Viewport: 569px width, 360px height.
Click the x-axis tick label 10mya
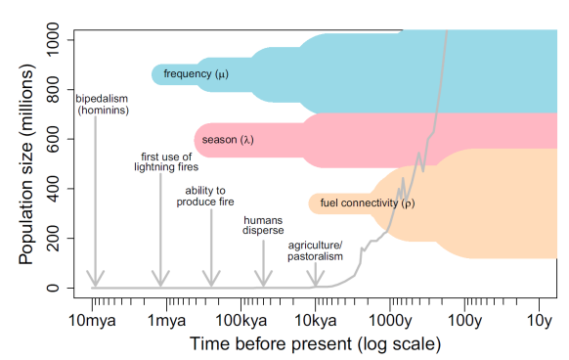92,320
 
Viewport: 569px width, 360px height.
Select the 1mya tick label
166,320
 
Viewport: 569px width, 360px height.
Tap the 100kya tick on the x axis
241,320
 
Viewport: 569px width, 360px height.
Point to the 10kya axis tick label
315,320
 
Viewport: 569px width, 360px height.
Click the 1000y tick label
390,320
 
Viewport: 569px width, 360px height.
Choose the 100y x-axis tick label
464,320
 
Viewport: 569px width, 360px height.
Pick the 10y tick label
540,320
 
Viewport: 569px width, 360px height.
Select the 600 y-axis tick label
60,138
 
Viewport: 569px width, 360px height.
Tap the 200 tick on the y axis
60,238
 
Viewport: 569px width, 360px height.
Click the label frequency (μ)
196,74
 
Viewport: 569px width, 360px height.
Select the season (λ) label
228,140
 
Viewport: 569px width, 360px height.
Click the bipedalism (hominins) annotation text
103,104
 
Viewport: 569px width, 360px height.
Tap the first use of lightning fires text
159,161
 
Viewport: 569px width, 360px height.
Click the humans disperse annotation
263,226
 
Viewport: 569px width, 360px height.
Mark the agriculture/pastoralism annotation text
316,250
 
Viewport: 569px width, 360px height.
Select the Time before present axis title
315,344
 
